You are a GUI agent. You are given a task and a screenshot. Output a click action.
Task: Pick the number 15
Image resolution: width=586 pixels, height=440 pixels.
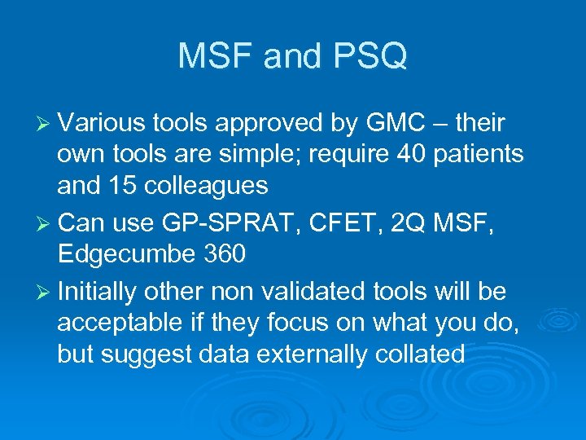(x=130, y=187)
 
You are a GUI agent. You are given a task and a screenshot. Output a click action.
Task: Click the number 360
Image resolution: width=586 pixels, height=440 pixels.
(x=222, y=255)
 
